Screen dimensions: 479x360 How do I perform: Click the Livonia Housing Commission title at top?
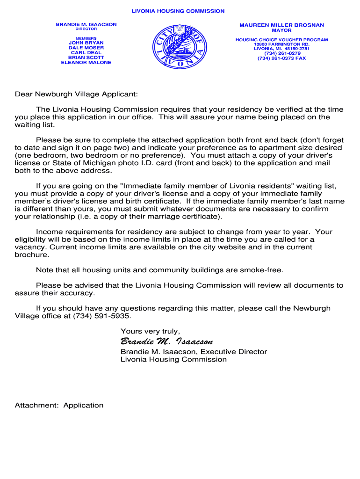click(178, 11)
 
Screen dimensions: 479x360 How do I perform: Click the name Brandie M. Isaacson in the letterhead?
click(86, 24)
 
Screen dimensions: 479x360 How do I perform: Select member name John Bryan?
click(86, 43)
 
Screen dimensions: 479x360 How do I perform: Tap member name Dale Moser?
click(86, 48)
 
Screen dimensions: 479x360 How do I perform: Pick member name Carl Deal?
click(86, 53)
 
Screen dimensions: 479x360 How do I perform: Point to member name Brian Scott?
click(86, 58)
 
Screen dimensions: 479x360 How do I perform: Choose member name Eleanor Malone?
click(86, 63)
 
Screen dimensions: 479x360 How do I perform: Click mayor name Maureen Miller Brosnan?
click(281, 25)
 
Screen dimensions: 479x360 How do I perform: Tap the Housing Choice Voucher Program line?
click(281, 40)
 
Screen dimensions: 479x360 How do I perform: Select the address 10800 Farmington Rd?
click(281, 44)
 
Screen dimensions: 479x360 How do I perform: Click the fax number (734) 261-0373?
click(281, 58)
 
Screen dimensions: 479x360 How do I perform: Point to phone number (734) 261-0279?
click(281, 53)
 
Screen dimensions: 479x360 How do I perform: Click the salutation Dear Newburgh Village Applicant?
click(76, 94)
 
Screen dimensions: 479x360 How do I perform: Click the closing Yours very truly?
click(150, 331)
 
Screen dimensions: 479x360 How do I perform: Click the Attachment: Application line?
click(59, 405)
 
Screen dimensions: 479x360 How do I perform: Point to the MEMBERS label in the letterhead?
click(86, 38)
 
